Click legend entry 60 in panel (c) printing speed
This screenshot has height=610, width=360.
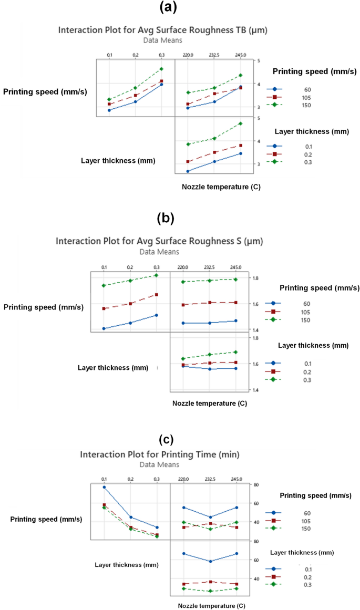[306, 513]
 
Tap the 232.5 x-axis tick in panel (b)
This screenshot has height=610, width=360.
[209, 267]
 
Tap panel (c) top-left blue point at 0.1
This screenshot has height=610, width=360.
[104, 487]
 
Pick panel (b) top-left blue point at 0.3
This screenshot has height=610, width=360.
[157, 315]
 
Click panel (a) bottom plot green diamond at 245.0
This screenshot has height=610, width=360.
[241, 123]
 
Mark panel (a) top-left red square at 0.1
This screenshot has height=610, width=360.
[109, 104]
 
